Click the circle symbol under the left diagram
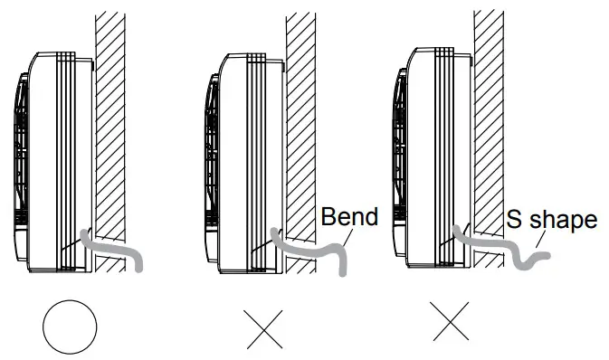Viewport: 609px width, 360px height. [70, 327]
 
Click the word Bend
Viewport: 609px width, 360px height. [349, 217]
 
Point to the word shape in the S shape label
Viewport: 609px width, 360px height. [565, 220]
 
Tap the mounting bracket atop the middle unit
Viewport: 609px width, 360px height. [283, 65]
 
